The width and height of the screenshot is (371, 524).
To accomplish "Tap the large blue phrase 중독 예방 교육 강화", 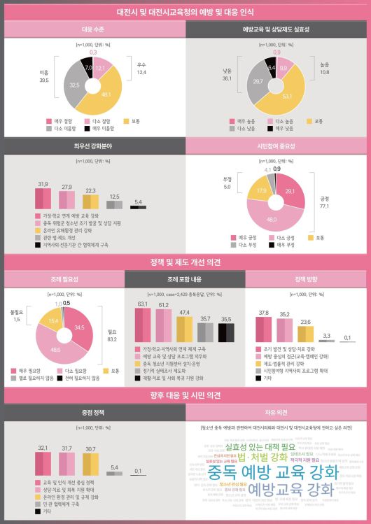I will coord(272,472).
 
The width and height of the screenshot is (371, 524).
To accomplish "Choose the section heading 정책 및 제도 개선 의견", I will coord(185,262).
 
